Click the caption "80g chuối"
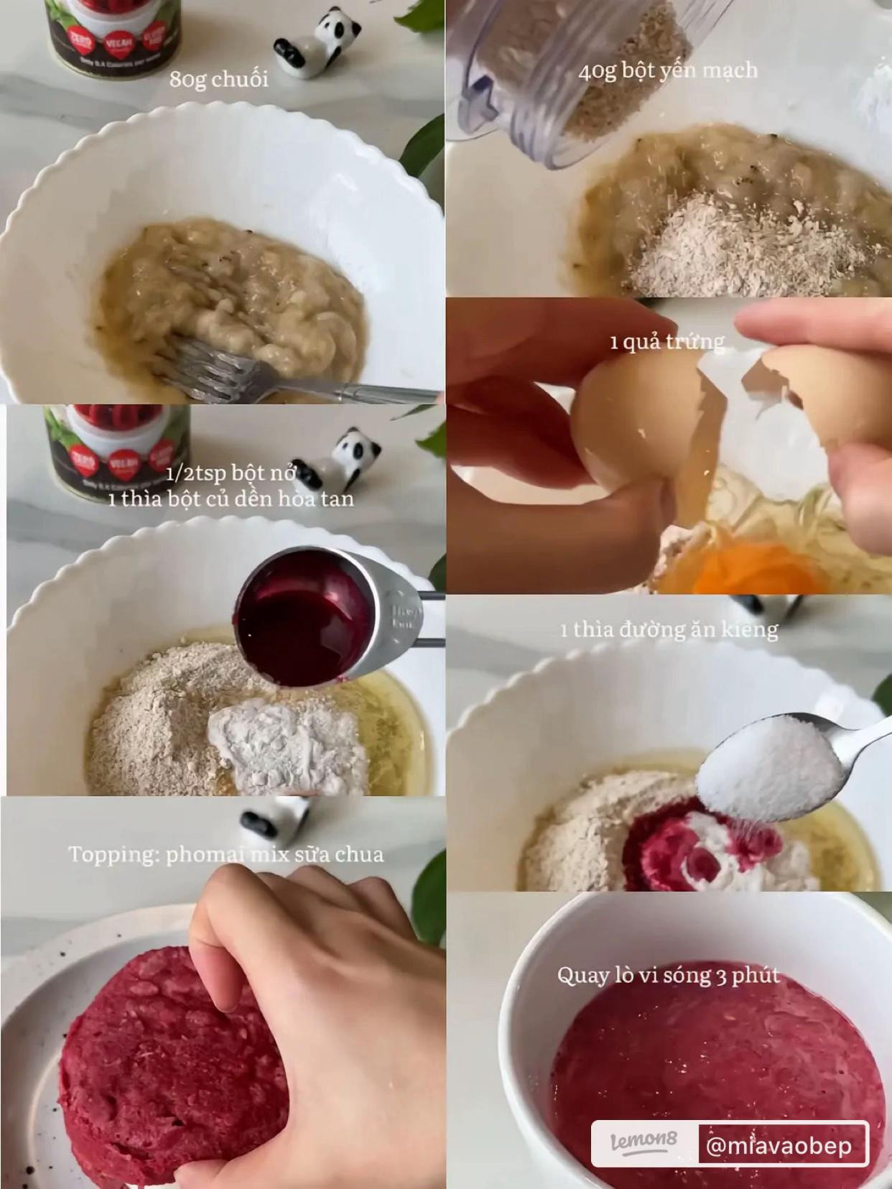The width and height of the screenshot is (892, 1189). (x=219, y=79)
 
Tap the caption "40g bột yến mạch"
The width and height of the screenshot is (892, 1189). (x=668, y=71)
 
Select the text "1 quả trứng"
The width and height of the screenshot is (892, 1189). (x=666, y=341)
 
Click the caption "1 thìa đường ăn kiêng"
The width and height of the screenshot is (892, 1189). (x=669, y=630)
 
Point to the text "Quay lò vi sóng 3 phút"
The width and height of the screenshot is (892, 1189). (x=668, y=976)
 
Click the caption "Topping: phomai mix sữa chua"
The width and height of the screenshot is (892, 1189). (x=226, y=855)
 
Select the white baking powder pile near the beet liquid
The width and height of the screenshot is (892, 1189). (x=287, y=747)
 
